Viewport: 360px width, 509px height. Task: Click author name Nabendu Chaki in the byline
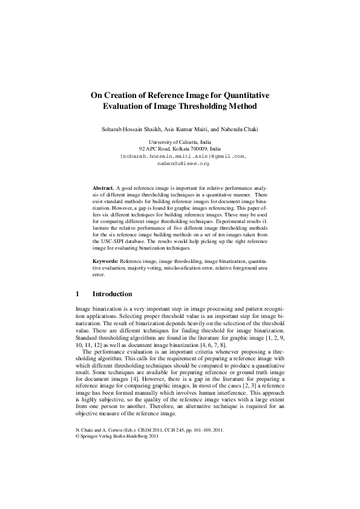[x=242, y=129]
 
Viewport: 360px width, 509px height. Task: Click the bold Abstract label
[x=102, y=189]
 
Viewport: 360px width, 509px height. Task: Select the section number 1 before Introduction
[x=77, y=294]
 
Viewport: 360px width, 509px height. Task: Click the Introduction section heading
[x=112, y=294]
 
